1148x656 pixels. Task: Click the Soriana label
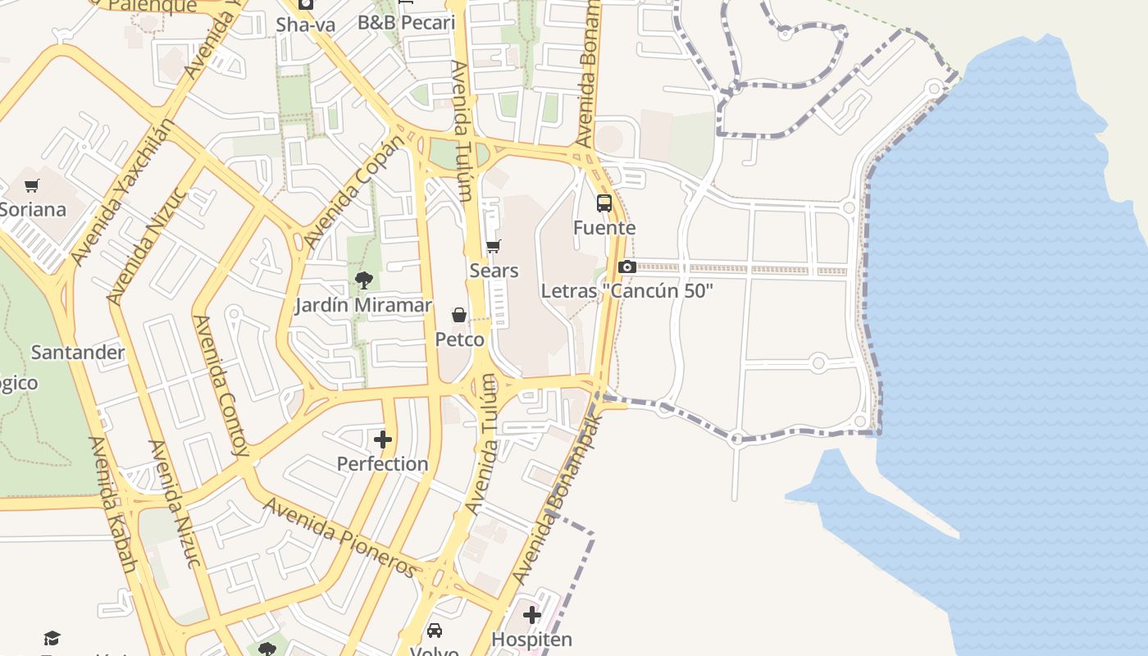point(33,209)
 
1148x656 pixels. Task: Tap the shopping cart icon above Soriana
point(32,186)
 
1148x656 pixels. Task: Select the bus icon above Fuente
point(604,203)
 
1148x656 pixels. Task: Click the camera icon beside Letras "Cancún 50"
point(627,266)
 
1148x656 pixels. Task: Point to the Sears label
point(494,270)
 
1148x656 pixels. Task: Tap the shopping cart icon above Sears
point(494,246)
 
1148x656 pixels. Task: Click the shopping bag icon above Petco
point(459,315)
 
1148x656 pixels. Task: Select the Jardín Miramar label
point(363,305)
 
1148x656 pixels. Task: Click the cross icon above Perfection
point(383,440)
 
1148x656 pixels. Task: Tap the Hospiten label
point(531,639)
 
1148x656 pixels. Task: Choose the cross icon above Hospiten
point(532,614)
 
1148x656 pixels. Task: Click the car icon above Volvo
point(435,631)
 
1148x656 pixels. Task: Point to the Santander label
point(78,353)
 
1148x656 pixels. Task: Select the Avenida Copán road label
point(354,193)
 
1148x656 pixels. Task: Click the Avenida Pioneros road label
point(339,537)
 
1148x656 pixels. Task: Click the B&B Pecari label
point(406,22)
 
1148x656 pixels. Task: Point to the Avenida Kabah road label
point(112,504)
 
